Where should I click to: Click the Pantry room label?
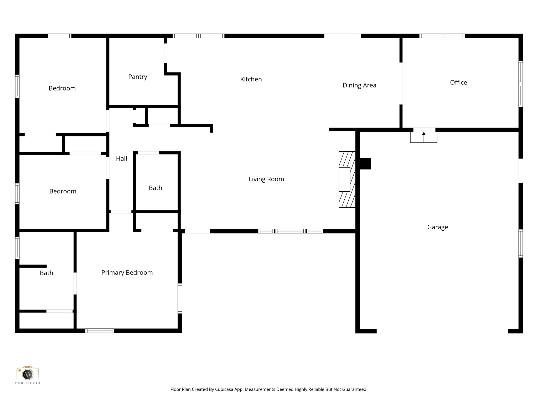pos(137,77)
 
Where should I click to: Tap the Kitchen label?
pos(251,79)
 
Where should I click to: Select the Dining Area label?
pos(359,85)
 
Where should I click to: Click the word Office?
pos(458,82)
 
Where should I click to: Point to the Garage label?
pos(437,227)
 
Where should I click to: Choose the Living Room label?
pos(266,179)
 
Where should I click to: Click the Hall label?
pos(121,158)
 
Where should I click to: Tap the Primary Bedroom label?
pos(127,273)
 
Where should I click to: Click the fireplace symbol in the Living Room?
pos(347,179)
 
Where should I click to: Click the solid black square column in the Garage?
pos(365,163)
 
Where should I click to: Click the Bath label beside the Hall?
pos(155,188)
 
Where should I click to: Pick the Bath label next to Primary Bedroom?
pos(46,273)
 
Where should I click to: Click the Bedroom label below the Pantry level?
pos(63,191)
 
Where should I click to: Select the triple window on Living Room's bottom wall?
pos(290,231)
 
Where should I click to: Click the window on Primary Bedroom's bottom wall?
pos(100,331)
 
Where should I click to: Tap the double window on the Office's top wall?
pos(442,36)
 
